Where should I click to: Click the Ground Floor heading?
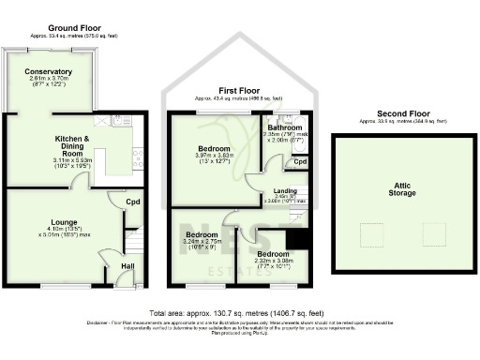pos(74,28)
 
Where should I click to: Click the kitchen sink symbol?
pos(122,119)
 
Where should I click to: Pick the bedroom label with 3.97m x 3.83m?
pos(203,148)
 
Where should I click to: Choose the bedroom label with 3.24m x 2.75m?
pos(202,233)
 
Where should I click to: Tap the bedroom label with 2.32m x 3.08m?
pos(273,253)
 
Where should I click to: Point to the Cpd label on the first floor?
pos(300,161)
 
